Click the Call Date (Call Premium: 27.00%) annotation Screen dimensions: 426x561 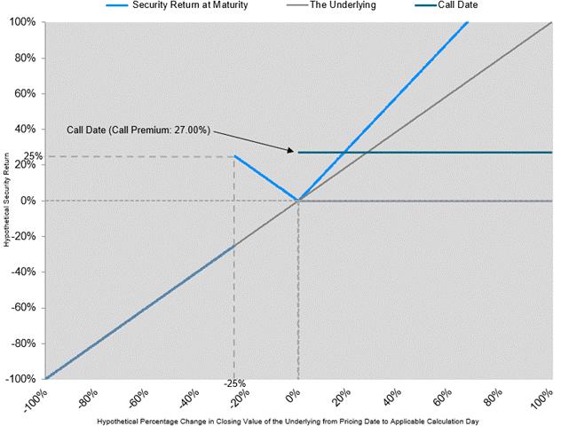(138, 130)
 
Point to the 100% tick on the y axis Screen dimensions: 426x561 (21, 21)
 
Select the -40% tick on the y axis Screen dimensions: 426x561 (21, 272)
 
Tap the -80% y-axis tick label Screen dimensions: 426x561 (21, 343)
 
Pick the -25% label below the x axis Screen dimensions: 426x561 (234, 384)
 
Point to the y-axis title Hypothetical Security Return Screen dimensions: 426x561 (7, 201)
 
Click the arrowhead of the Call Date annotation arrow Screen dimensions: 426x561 (291, 151)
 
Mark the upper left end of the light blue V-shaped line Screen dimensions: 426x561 (234, 157)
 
